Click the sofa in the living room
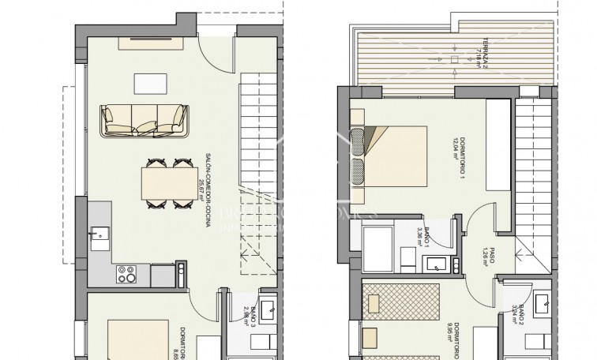tap(144, 119)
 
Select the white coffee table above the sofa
tap(145, 83)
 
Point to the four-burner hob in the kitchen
tap(126, 274)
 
